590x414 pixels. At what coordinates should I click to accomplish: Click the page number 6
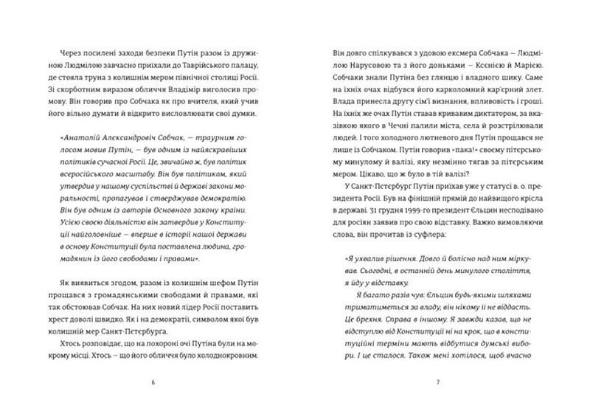152,382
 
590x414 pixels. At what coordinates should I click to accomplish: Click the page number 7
437,382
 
